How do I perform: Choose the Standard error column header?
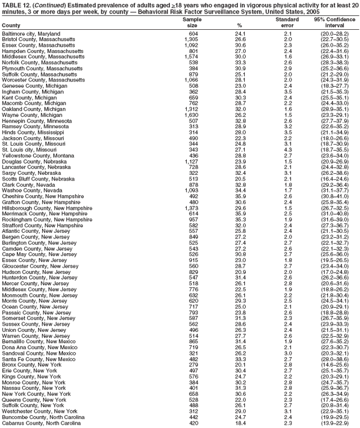pos(287,22)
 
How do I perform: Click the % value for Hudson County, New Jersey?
pos(240,272)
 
